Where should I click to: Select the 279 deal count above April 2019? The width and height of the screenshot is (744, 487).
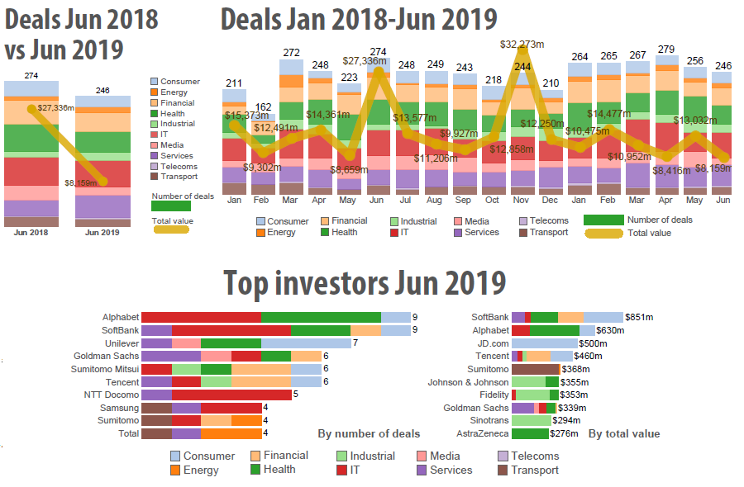point(665,49)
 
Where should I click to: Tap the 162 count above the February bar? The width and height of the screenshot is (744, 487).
point(263,106)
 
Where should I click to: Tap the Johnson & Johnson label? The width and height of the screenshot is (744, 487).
point(468,382)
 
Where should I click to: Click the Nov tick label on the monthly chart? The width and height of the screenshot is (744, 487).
point(521,201)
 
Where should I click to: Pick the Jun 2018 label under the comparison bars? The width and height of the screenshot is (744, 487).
point(31,232)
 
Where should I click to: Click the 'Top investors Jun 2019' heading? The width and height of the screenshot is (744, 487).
point(365,283)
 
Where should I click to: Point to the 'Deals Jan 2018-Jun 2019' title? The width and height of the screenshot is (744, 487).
point(359,17)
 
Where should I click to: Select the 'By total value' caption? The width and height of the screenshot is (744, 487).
point(624,433)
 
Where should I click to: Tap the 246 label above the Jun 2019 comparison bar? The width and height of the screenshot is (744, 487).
point(103,90)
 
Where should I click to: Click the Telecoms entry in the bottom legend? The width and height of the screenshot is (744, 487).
point(535,456)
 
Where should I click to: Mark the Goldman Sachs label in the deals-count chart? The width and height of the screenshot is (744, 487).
point(109,356)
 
